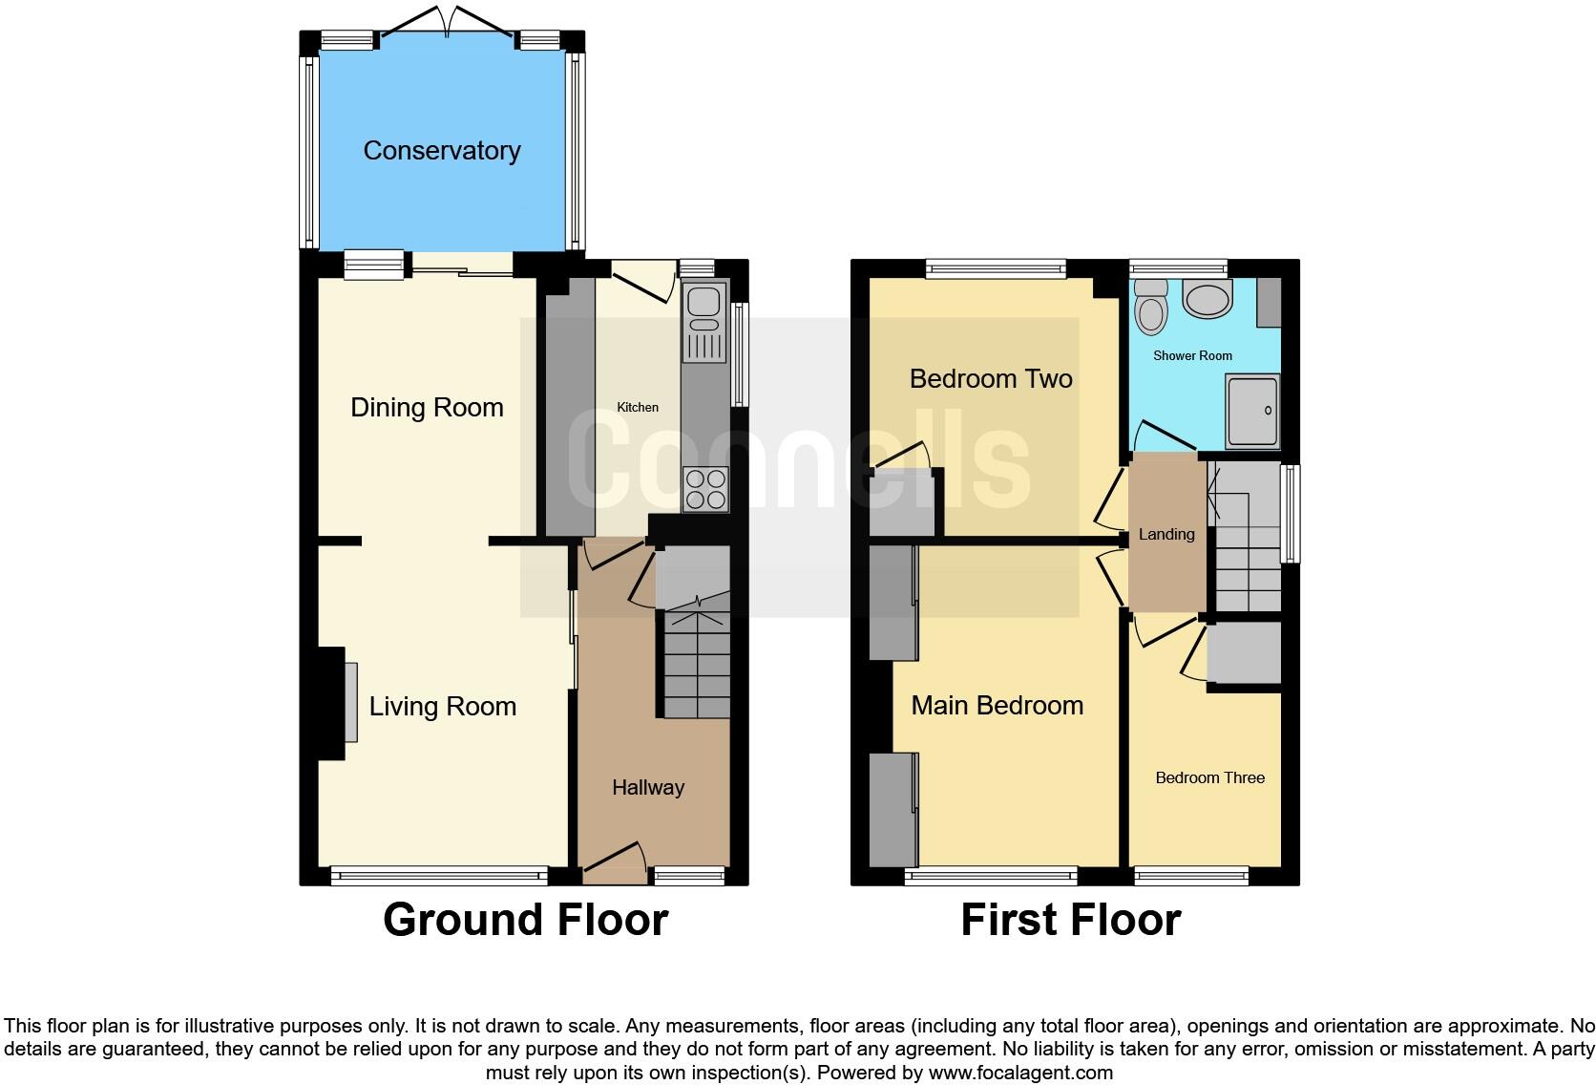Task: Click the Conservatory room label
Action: (x=442, y=151)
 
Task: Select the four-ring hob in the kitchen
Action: (x=705, y=488)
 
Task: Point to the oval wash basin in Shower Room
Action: (x=1207, y=298)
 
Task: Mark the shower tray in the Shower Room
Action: (x=1252, y=412)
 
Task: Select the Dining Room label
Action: (x=427, y=408)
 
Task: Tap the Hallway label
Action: (x=648, y=788)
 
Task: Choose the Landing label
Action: (x=1166, y=535)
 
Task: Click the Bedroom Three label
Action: (x=1209, y=778)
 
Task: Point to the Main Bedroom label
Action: (x=997, y=706)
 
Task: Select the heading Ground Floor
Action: (x=525, y=920)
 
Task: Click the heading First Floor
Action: (x=1070, y=920)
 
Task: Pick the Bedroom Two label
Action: (x=991, y=379)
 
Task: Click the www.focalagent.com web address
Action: (x=1020, y=1073)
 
